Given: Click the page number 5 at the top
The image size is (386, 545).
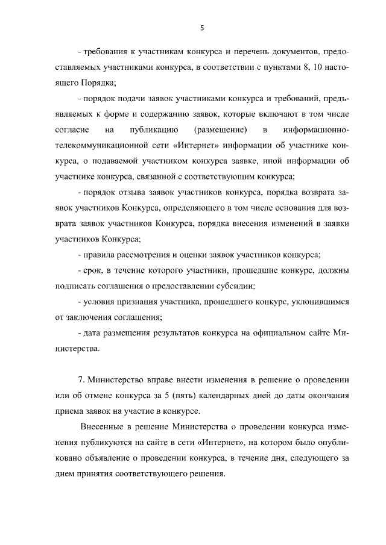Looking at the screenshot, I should pos(202,28).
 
